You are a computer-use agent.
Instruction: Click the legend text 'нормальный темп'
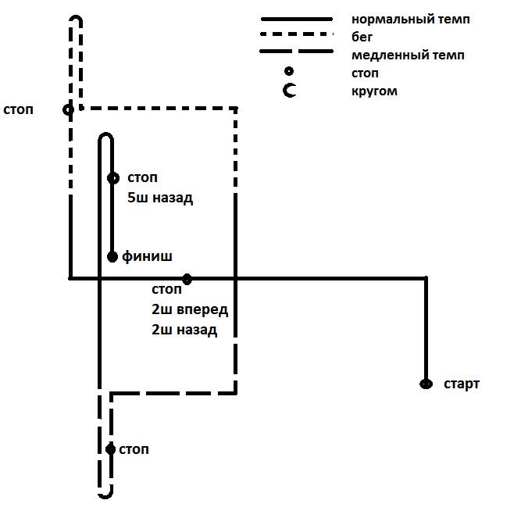[411, 19]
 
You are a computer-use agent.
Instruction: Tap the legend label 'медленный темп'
[408, 55]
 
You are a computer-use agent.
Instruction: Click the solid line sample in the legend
[296, 19]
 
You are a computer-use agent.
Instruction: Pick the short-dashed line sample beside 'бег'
[296, 35]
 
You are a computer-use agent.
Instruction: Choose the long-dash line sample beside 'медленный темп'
[296, 52]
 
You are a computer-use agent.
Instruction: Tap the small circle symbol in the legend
[290, 73]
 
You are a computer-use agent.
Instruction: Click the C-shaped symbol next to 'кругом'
[291, 91]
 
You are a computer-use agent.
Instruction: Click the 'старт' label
[462, 384]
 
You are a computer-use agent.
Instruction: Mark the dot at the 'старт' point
[426, 384]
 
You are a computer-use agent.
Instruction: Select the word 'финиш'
[147, 255]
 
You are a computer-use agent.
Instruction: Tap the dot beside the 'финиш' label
[112, 255]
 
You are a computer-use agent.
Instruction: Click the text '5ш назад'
[160, 198]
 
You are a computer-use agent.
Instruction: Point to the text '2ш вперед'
[190, 310]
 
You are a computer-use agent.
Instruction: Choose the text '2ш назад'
[184, 330]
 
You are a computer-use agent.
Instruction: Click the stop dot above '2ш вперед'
[187, 278]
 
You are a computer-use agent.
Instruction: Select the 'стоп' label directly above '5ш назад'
[142, 179]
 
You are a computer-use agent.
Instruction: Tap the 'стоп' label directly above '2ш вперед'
[167, 291]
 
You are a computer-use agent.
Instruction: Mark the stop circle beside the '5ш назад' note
[112, 178]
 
